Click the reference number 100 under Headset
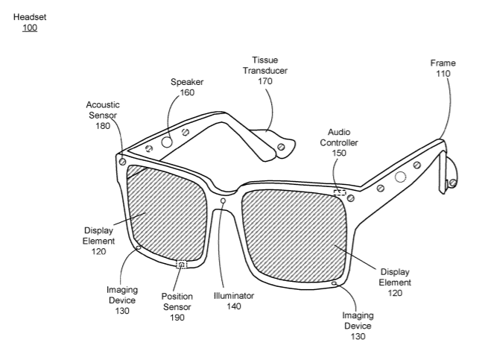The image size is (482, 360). click(29, 28)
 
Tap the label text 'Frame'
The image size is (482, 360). click(443, 63)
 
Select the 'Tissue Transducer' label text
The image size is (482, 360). click(269, 65)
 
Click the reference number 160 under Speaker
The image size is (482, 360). click(187, 92)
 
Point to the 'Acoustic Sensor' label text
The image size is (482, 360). click(102, 110)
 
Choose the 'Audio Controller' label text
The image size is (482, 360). click(339, 137)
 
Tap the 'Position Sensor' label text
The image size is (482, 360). click(177, 301)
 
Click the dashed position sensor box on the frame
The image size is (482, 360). click(181, 264)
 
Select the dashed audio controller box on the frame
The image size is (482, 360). click(340, 193)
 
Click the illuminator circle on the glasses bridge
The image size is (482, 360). click(223, 200)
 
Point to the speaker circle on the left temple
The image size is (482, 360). click(168, 141)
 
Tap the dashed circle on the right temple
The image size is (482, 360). click(401, 177)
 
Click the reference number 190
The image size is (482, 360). click(177, 317)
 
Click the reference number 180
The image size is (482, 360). click(102, 126)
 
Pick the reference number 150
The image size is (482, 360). click(339, 153)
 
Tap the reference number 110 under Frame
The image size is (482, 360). click(443, 74)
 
